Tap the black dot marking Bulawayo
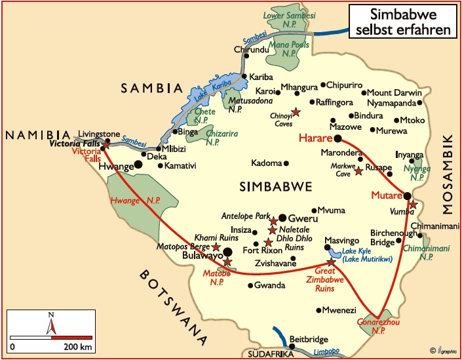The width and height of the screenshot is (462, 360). click(x=228, y=252)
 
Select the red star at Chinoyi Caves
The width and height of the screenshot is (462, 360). click(x=296, y=112)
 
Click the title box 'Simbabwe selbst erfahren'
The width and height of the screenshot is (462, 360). click(x=402, y=22)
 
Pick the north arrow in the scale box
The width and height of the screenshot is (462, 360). click(x=51, y=323)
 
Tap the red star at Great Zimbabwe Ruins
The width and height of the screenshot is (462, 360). click(x=332, y=262)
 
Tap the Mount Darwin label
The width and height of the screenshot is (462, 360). click(x=392, y=92)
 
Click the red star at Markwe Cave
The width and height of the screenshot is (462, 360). click(x=358, y=171)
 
